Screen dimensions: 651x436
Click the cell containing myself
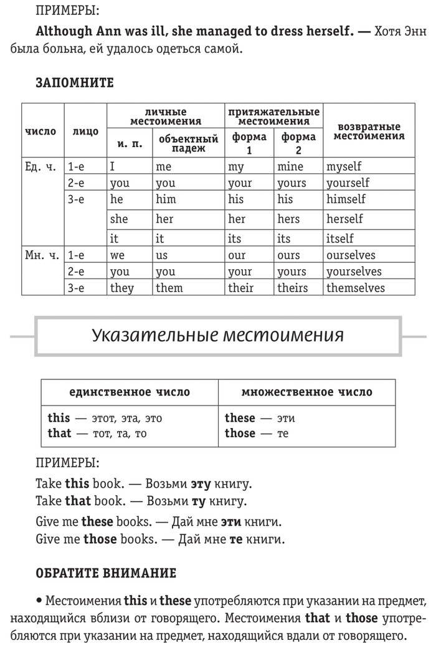(x=344, y=166)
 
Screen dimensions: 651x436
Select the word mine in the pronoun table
(x=291, y=166)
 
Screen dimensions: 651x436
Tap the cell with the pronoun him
(x=166, y=199)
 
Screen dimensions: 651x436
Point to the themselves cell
(x=356, y=288)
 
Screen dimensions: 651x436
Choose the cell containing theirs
(x=293, y=288)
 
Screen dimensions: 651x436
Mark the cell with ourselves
(x=351, y=255)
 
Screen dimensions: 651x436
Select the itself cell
(x=340, y=238)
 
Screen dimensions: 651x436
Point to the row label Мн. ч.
(x=41, y=255)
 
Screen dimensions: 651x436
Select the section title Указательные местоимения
(x=217, y=335)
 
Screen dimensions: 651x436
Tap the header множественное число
(x=306, y=392)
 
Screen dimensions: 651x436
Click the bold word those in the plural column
(x=240, y=434)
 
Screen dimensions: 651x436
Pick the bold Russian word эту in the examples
(x=199, y=484)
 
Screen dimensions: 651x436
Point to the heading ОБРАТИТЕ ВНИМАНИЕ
(x=106, y=573)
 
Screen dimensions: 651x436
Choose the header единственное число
(x=130, y=392)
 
